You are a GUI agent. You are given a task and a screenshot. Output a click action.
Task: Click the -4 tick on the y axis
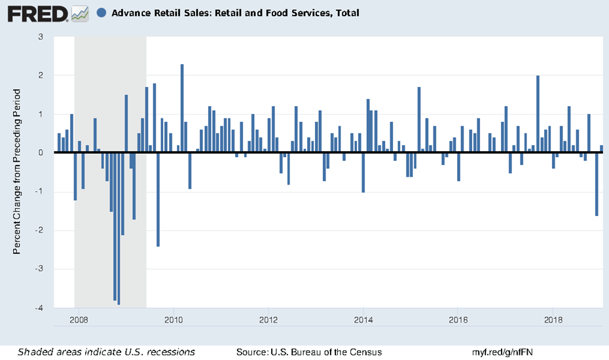coord(40,308)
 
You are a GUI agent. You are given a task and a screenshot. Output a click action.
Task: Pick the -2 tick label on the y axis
coord(40,230)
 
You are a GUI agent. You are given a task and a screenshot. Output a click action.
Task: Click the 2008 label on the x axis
coord(78,319)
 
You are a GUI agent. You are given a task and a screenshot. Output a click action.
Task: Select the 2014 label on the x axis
coord(363,319)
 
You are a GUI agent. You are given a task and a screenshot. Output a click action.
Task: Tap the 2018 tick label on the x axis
coord(553,319)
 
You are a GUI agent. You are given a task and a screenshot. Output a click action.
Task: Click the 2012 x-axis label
coord(268,319)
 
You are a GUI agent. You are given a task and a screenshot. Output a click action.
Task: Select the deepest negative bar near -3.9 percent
coord(119,228)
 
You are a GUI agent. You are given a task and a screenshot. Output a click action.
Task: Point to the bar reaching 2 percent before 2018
coord(538,114)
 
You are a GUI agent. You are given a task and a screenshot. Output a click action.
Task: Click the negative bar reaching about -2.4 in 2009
coord(158,199)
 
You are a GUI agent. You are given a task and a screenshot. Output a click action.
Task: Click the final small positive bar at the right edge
coord(601,149)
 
